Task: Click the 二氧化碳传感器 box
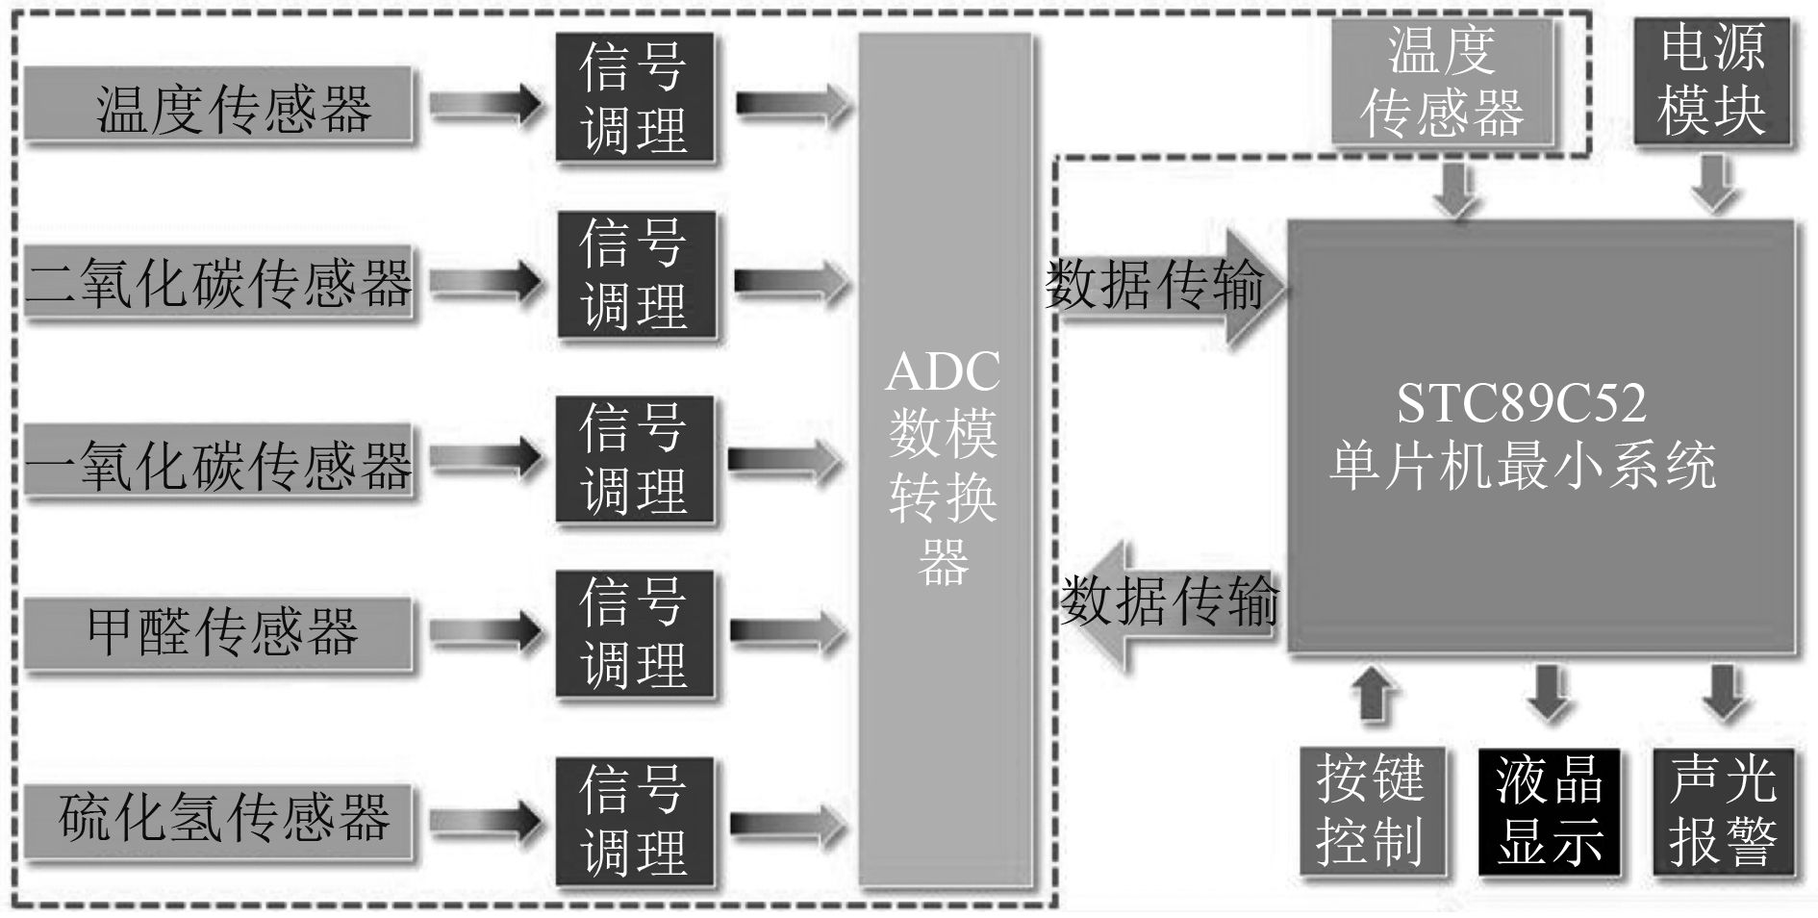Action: point(219,283)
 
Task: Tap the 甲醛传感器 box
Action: point(219,633)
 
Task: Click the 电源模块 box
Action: point(1711,82)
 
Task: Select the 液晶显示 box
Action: point(1549,810)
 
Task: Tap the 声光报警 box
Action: point(1723,810)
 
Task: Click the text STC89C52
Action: point(1521,403)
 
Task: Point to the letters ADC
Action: point(943,371)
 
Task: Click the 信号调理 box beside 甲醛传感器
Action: point(635,633)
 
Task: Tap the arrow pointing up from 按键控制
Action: point(1375,693)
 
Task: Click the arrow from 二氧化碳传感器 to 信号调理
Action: point(487,281)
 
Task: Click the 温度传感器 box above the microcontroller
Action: point(1442,82)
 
